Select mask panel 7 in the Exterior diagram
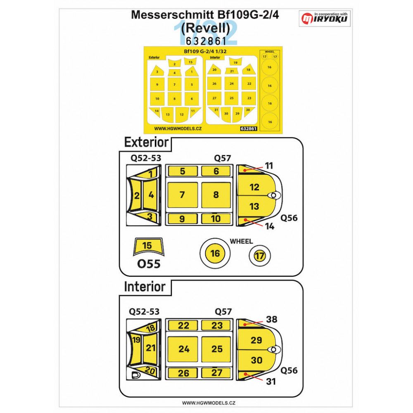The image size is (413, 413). click(182, 195)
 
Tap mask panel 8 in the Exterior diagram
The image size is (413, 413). click(216, 195)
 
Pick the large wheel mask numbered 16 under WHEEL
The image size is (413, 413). click(215, 253)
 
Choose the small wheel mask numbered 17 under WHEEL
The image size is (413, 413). click(259, 256)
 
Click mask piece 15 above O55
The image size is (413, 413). click(147, 246)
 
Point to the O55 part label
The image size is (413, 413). click(148, 263)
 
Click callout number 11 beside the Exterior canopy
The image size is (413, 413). click(269, 166)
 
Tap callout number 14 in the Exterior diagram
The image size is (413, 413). click(270, 226)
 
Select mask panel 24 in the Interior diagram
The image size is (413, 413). click(184, 349)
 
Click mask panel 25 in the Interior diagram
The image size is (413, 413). click(217, 349)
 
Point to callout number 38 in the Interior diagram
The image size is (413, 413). click(272, 319)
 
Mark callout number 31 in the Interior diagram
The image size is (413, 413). click(271, 382)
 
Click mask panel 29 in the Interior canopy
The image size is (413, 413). click(256, 340)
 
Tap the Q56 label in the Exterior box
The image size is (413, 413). click(289, 218)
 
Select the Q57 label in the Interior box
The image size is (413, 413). click(223, 311)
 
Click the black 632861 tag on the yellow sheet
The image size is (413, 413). click(249, 128)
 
